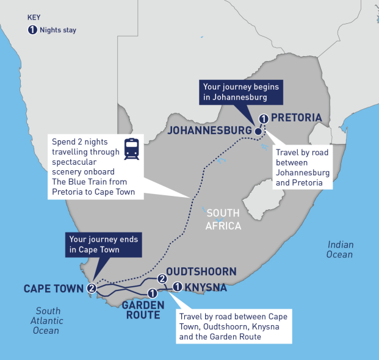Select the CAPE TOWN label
[x=54, y=288]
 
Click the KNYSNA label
[x=206, y=287]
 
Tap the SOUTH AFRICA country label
[x=223, y=220]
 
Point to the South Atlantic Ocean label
[x=47, y=320]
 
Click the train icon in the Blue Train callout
[x=131, y=148]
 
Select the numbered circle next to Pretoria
[x=263, y=118]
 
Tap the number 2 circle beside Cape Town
[x=92, y=288]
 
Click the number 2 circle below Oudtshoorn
[x=162, y=279]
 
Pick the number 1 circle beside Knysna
[x=178, y=287]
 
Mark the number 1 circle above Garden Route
[x=152, y=295]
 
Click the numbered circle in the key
[x=32, y=30]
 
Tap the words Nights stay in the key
[x=59, y=30]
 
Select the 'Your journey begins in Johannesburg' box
[x=242, y=92]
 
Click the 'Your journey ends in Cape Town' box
[x=103, y=244]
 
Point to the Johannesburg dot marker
[x=258, y=131]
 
